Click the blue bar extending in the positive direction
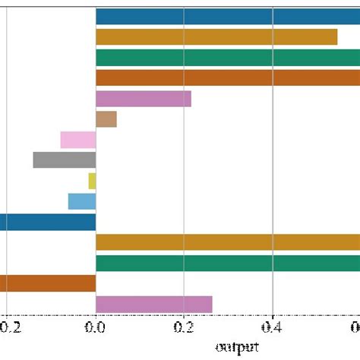pyautogui.click(x=228, y=17)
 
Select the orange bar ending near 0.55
pyautogui.click(x=216, y=37)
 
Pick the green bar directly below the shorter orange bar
pyautogui.click(x=228, y=58)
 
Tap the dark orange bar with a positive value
pyautogui.click(x=228, y=78)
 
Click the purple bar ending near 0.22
pyautogui.click(x=144, y=99)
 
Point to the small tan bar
pyautogui.click(x=106, y=119)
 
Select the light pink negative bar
pyautogui.click(x=78, y=140)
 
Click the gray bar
pyautogui.click(x=65, y=160)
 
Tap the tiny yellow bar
pyautogui.click(x=92, y=181)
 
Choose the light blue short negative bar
pyautogui.click(x=82, y=201)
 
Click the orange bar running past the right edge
pyautogui.click(x=228, y=242)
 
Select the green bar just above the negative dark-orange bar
pyautogui.click(x=228, y=263)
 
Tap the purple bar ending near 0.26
pyautogui.click(x=154, y=304)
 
